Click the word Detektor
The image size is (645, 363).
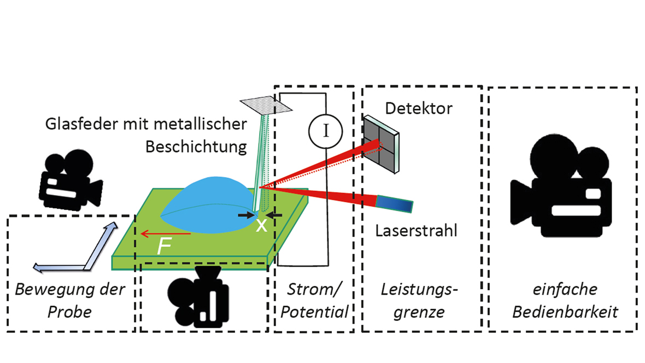pos(419,108)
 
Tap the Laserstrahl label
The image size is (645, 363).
pos(416,230)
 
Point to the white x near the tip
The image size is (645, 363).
pos(262,225)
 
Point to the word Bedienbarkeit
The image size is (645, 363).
pos(562,312)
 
